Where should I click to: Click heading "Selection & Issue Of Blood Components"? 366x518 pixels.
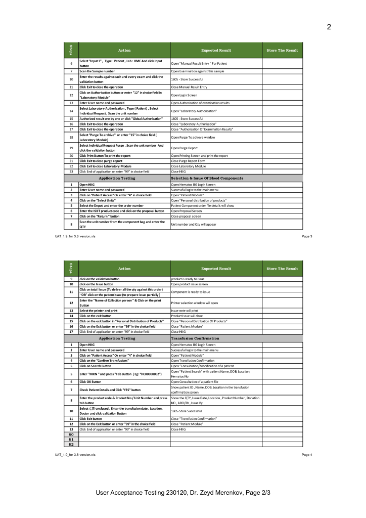(x=207, y=179)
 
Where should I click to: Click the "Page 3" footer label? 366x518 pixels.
(x=307, y=236)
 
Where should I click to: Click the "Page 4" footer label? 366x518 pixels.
(x=307, y=455)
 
